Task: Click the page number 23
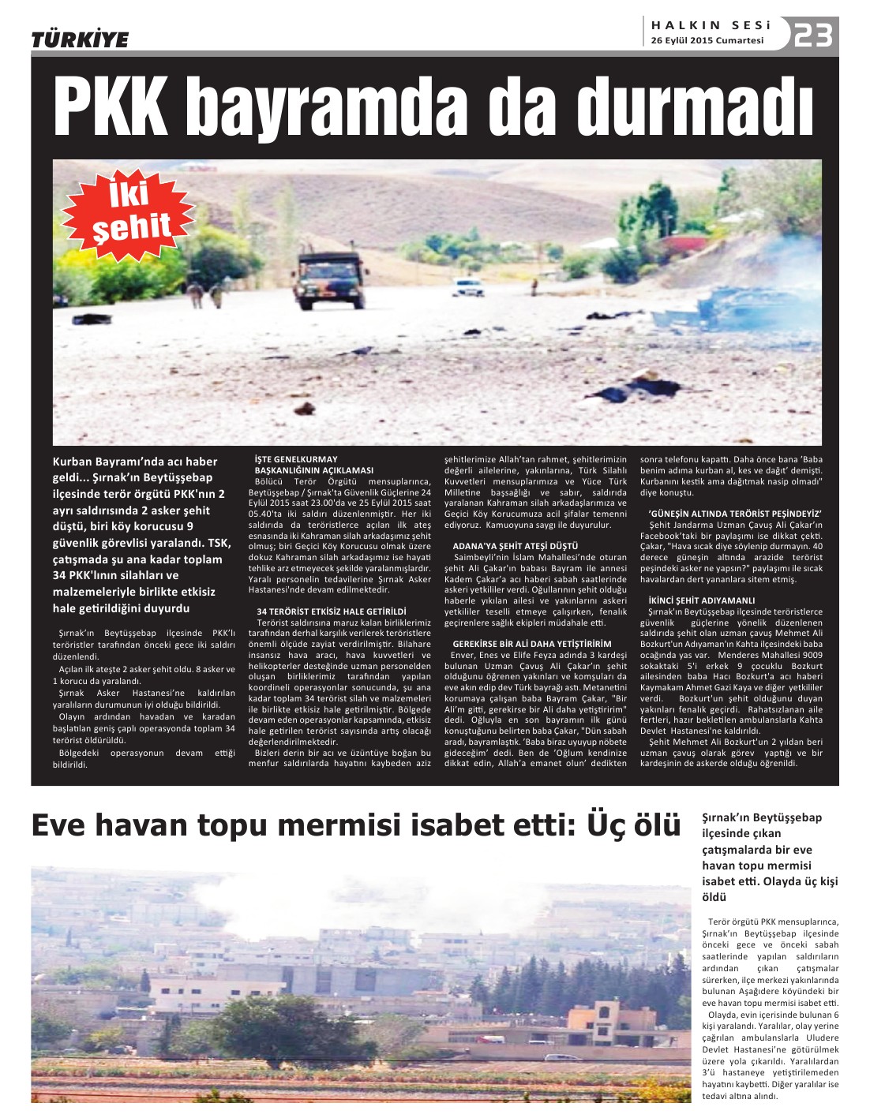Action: point(813,36)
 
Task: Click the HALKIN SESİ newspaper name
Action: point(711,25)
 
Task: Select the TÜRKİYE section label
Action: point(80,39)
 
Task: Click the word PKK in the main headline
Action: point(112,107)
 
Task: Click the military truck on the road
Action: point(332,280)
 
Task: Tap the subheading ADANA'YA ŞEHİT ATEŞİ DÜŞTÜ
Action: point(515,546)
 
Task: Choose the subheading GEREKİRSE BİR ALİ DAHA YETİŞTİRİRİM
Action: point(531,644)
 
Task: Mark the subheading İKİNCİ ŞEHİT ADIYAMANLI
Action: point(701,600)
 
